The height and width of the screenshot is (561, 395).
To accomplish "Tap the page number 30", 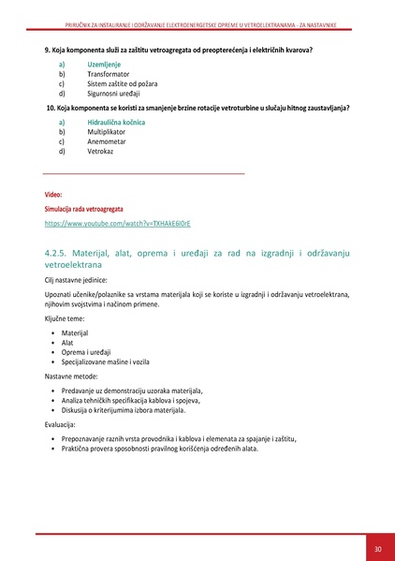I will [x=377, y=548].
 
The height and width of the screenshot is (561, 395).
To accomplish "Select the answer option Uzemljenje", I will [x=104, y=63].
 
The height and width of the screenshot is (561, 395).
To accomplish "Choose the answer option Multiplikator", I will [x=106, y=132].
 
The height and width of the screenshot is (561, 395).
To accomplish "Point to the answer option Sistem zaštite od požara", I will [x=117, y=83].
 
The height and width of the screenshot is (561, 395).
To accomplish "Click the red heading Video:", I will [x=52, y=194].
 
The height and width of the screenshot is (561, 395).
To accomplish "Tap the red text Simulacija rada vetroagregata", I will [x=83, y=209].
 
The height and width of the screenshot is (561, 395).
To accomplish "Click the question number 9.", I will [x=47, y=49].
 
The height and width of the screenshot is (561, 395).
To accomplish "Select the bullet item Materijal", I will [x=75, y=333].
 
